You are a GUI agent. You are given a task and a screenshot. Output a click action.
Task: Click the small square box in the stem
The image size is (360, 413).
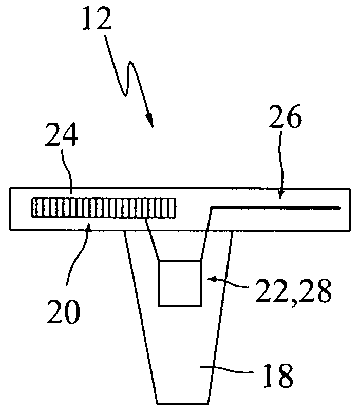(x=179, y=283)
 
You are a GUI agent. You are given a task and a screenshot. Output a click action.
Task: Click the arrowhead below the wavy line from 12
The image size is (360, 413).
(x=150, y=121)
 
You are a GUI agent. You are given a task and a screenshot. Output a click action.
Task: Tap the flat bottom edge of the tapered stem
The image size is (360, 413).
(x=182, y=401)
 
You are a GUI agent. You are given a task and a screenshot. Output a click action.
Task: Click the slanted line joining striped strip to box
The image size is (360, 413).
(x=152, y=239)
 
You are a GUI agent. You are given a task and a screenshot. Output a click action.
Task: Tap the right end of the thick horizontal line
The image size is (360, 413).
(x=338, y=207)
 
